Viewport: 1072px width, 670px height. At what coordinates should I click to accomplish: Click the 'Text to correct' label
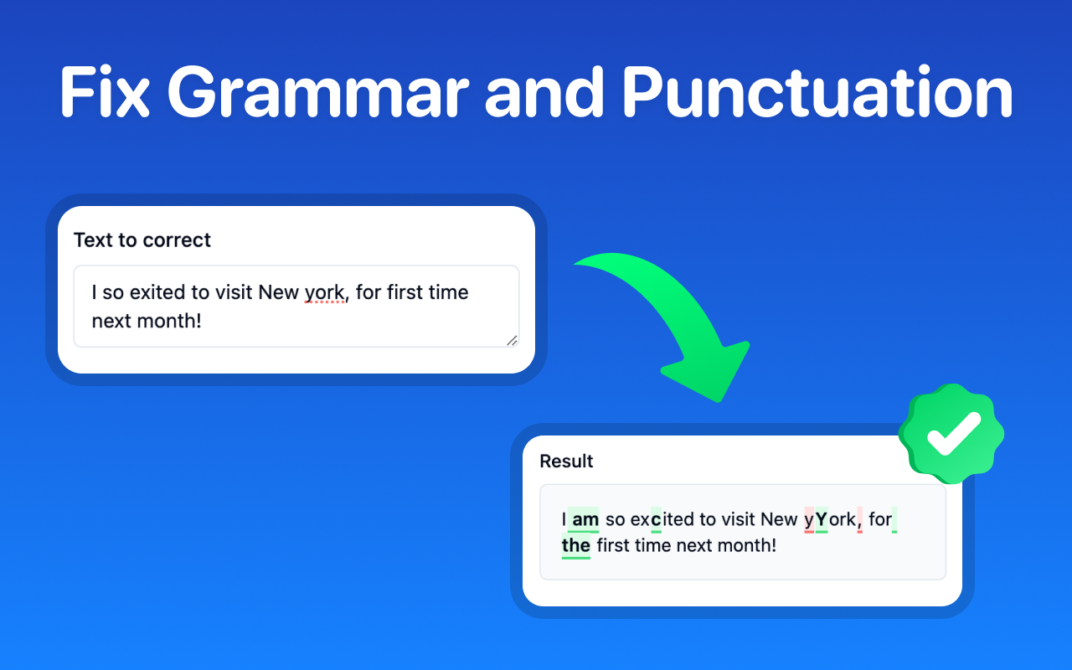tap(142, 240)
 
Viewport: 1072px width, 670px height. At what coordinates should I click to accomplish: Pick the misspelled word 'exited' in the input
tap(160, 292)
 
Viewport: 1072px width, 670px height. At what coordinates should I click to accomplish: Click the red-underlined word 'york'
tap(324, 292)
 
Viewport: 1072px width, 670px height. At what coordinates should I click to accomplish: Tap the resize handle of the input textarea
tap(512, 339)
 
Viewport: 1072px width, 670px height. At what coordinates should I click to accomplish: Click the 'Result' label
tap(566, 461)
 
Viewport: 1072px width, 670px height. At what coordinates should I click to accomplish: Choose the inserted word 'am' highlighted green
tap(585, 520)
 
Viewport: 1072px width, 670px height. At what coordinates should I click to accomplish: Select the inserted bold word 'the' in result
tap(576, 546)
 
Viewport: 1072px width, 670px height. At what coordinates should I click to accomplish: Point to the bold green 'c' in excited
tap(656, 520)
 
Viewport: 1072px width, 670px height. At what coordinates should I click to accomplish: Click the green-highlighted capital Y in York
tap(821, 520)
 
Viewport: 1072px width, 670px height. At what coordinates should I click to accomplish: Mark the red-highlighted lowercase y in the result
tap(809, 520)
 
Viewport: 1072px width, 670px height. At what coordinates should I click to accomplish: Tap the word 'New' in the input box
tap(278, 292)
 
